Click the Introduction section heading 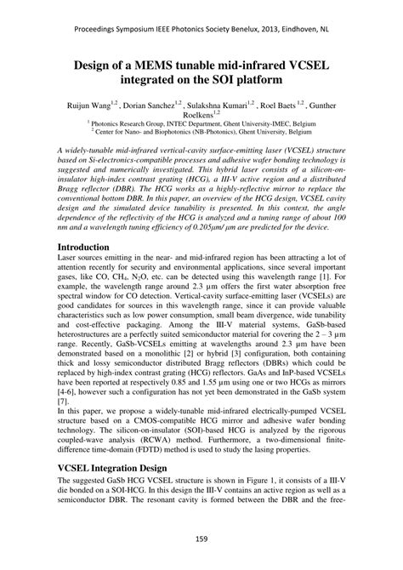click(88, 246)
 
